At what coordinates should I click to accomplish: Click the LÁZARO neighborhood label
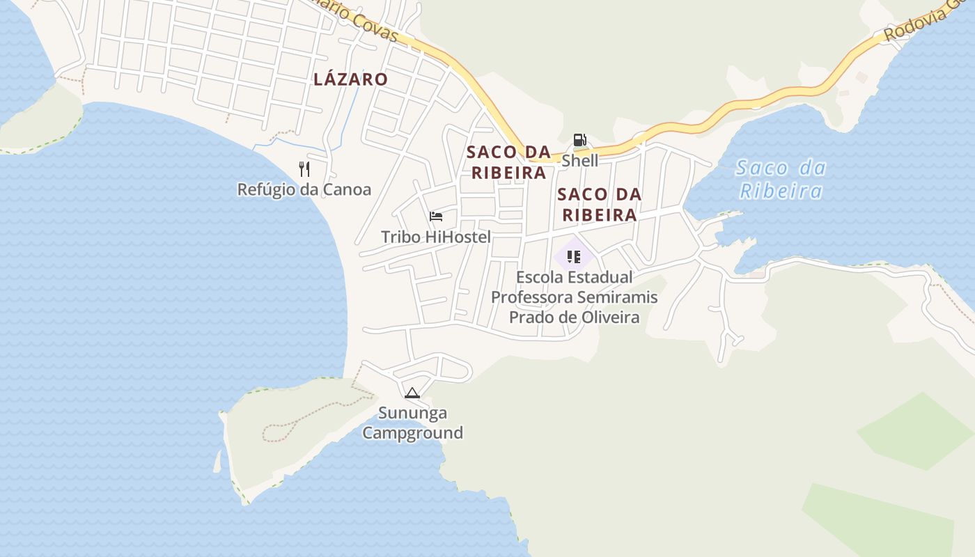coord(350,79)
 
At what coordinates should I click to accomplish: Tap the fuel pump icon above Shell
coord(579,140)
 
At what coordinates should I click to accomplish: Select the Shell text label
coord(579,161)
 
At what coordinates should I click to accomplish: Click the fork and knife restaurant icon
coord(304,168)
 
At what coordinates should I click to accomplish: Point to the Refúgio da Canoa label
coord(304,189)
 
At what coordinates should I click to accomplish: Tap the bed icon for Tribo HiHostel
coord(436,216)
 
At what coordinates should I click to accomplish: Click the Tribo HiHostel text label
coord(436,237)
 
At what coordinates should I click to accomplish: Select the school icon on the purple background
coord(574,257)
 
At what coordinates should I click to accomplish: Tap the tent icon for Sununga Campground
coord(412,393)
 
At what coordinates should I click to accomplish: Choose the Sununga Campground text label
coord(413,423)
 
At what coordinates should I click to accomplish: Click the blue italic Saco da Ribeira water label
coord(781,179)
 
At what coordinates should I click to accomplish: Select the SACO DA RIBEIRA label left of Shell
coord(508,162)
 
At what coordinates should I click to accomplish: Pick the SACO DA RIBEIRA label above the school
coord(600,204)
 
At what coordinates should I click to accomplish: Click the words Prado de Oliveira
coord(574,317)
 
